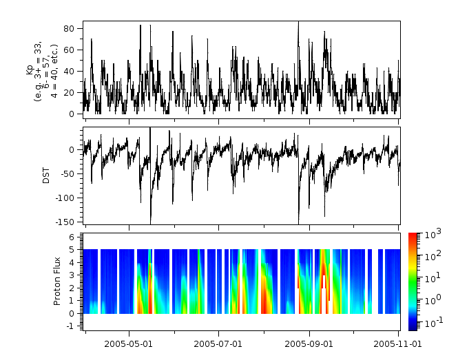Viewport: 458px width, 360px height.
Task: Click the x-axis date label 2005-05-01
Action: tap(129, 342)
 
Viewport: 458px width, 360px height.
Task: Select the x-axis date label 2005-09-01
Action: tap(309, 342)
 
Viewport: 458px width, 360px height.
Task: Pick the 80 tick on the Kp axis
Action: tap(70, 28)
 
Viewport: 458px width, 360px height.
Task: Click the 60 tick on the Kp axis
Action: tap(70, 50)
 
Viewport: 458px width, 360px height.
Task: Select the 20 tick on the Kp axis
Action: tap(70, 92)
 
